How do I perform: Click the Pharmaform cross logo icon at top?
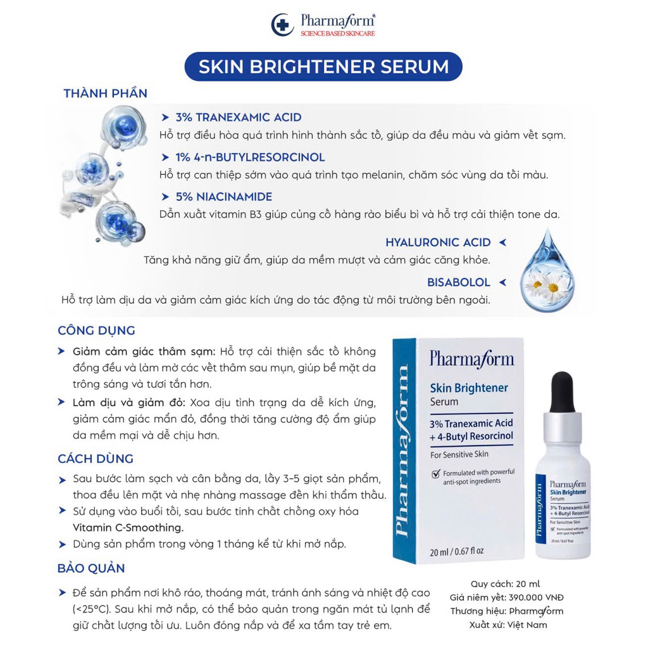pos(279,25)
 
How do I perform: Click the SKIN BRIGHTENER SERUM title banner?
pos(323,67)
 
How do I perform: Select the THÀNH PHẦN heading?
pos(105,94)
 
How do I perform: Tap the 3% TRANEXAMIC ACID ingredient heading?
pos(239,118)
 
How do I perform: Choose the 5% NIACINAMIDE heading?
pos(224,197)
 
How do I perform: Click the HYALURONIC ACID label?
pos(438,242)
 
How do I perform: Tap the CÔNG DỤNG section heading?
pos(96,331)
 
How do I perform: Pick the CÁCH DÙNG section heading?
pos(96,459)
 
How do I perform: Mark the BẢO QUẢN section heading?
pos(91,568)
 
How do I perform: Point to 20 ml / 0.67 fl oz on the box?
pos(457,550)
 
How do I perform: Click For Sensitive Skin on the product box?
pos(459,454)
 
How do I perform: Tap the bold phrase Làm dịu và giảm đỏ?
pos(128,402)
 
